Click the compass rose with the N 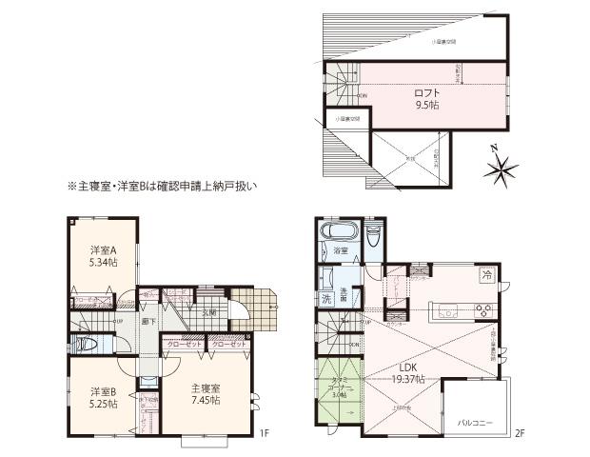(x=501, y=169)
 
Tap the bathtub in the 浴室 (x=337, y=232)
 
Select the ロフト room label (x=424, y=93)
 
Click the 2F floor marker (x=519, y=434)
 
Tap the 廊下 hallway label (x=147, y=322)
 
